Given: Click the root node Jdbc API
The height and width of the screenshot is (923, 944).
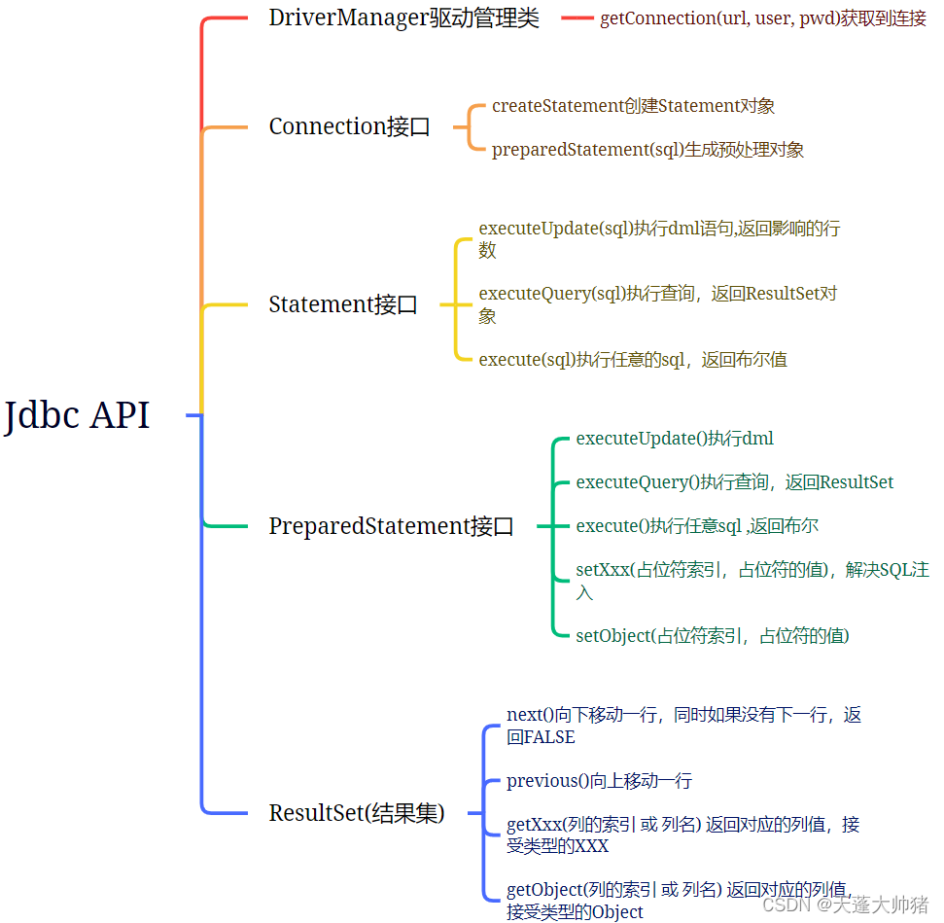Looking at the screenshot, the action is (x=78, y=415).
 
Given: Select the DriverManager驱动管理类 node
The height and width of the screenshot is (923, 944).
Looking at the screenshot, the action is (x=403, y=18).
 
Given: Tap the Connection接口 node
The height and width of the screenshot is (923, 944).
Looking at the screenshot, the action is (x=349, y=126).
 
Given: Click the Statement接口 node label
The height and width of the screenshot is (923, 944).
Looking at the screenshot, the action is (x=343, y=304).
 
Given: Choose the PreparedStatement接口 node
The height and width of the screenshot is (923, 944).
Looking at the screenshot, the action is (x=391, y=526).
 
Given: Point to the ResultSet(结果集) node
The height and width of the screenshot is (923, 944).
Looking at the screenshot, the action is (x=357, y=813).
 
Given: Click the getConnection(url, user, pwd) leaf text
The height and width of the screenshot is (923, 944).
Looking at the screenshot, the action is (x=762, y=18).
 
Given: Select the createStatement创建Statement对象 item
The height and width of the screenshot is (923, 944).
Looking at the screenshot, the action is (x=633, y=106).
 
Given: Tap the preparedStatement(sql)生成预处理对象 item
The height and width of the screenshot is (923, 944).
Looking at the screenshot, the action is (x=647, y=149).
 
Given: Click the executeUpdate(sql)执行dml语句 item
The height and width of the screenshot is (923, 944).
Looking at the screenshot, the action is (x=658, y=230).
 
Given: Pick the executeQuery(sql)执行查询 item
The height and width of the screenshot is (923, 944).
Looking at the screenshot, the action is (x=657, y=294).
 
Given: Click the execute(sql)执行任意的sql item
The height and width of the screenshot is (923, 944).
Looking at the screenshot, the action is (x=633, y=360).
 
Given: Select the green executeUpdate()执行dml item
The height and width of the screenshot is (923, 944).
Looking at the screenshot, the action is (x=675, y=439).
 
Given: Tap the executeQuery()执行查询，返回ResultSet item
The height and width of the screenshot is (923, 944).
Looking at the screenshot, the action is (x=734, y=482).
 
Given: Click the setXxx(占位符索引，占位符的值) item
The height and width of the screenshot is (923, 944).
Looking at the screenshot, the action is (x=752, y=571).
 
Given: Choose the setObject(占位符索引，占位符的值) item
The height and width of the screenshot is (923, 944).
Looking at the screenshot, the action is (x=713, y=636).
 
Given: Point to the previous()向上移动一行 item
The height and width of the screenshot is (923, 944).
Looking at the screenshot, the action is (x=599, y=781).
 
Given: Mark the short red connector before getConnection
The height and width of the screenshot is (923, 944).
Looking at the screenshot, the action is (x=577, y=18).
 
